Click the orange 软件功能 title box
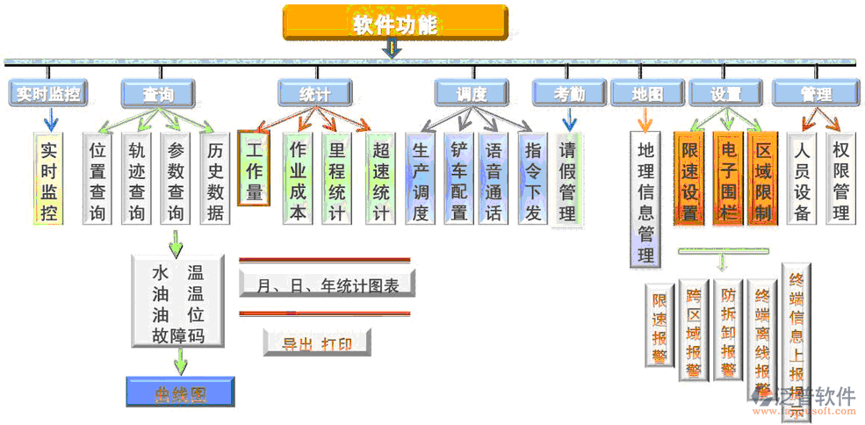click(395, 24)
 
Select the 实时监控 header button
click(47, 93)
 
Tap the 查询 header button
click(157, 93)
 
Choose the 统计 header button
click(315, 93)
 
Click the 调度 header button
click(472, 93)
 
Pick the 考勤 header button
click(569, 93)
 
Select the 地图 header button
click(647, 93)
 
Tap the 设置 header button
click(725, 93)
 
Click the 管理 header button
click(816, 93)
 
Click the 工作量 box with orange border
click(255, 167)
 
